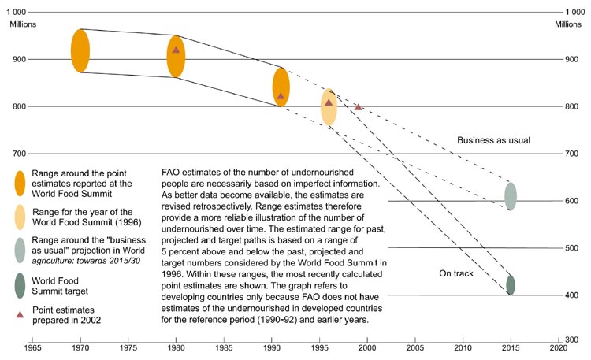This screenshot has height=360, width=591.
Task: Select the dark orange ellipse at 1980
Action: (176, 56)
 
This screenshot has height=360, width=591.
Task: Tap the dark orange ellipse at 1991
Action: (281, 87)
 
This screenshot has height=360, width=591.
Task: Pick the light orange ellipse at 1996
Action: (329, 107)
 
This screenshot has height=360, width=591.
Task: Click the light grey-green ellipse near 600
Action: (511, 196)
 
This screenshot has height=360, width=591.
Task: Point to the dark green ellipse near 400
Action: (511, 285)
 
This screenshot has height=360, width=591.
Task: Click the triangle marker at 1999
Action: (359, 106)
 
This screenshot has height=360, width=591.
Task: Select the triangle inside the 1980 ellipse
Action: (176, 50)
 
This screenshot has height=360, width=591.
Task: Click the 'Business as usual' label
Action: (493, 140)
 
